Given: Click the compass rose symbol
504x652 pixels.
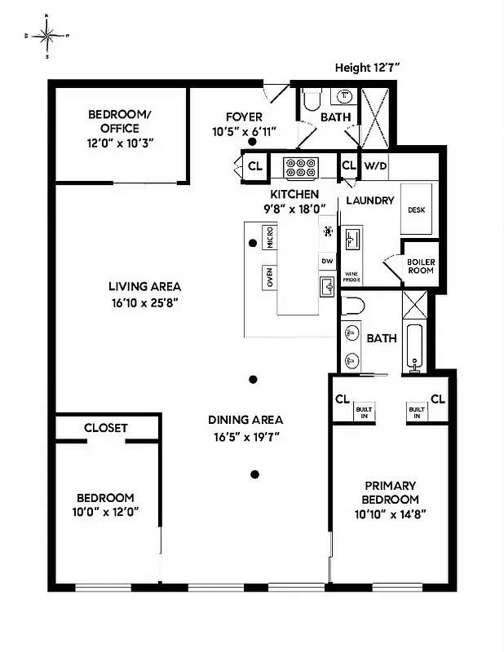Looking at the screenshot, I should click(x=47, y=36).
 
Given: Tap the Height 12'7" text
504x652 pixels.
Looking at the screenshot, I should click(x=369, y=68).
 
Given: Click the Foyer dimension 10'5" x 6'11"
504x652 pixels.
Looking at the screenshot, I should click(x=244, y=131).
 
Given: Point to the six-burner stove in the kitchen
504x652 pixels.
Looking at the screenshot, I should click(x=300, y=168).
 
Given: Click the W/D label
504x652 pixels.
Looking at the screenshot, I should click(x=376, y=166).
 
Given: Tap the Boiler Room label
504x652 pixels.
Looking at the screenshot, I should click(x=421, y=266).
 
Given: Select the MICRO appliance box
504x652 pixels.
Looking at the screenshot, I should click(x=270, y=237).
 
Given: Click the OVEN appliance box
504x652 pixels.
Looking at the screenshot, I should click(x=270, y=278).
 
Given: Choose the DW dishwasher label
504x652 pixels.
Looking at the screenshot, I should click(x=328, y=261).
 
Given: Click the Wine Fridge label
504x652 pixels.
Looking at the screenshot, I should click(x=351, y=277).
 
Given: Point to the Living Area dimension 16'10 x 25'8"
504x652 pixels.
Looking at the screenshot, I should click(x=144, y=302).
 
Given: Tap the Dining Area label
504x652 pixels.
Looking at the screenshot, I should click(x=245, y=420).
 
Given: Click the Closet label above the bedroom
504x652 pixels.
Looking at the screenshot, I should click(x=105, y=427).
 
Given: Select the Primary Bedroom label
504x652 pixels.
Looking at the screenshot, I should click(x=391, y=492).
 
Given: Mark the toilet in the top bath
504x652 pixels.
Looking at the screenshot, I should click(x=310, y=102).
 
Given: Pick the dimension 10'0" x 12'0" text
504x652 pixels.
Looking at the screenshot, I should click(x=105, y=513).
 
